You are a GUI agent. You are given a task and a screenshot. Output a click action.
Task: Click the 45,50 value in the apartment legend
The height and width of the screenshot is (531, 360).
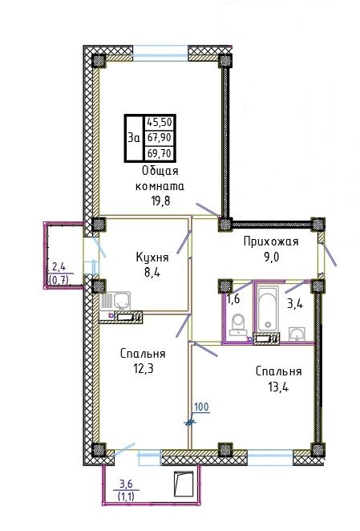[160, 122]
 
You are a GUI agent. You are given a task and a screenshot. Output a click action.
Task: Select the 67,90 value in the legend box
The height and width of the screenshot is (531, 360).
[160, 138]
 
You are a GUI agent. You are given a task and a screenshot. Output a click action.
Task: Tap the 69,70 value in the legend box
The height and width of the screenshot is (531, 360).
[160, 154]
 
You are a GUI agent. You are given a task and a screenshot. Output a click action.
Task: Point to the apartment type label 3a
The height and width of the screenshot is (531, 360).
[134, 138]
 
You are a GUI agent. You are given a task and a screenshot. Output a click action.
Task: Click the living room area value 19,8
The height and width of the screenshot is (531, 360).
[160, 201]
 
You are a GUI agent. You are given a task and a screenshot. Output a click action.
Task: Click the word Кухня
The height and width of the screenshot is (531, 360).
[152, 257]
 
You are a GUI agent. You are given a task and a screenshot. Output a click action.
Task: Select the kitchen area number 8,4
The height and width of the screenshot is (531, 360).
[152, 272]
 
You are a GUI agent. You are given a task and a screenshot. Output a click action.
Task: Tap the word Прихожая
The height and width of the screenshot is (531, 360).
[271, 242]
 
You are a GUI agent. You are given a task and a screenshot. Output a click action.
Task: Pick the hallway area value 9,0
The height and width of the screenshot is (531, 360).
[271, 257]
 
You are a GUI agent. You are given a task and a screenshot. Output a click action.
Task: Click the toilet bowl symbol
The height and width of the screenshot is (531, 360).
[238, 323]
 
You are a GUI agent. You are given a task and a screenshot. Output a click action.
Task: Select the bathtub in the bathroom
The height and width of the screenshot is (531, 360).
[268, 309]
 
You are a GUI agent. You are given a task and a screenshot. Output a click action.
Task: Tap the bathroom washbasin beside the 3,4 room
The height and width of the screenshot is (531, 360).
[297, 334]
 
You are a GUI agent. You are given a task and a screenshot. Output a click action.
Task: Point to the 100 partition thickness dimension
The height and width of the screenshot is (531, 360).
[202, 407]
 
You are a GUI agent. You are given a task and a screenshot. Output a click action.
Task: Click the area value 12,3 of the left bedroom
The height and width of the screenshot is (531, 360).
[144, 368]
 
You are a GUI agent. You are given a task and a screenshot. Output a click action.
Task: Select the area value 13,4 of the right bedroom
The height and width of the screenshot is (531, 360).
[278, 387]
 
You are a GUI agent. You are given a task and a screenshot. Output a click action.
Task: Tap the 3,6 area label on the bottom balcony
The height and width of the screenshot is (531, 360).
[126, 484]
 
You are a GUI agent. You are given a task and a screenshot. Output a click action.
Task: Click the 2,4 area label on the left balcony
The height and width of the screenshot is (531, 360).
[59, 267]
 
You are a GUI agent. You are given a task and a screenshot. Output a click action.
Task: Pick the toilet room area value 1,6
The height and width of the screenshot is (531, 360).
[233, 299]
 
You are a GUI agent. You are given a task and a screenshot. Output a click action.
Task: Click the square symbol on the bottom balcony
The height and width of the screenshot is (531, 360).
[184, 484]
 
